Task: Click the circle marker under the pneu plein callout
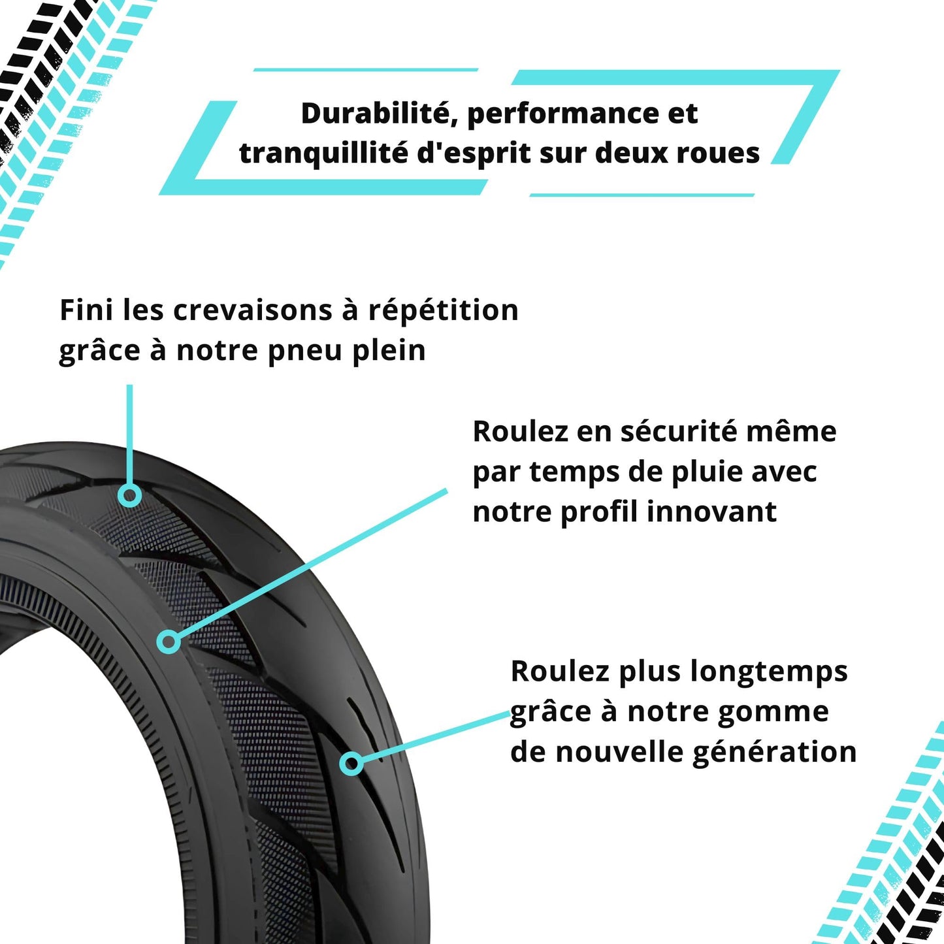click(x=131, y=495)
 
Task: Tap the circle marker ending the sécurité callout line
click(x=169, y=642)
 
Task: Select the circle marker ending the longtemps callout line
click(x=351, y=763)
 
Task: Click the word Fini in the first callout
click(x=86, y=311)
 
